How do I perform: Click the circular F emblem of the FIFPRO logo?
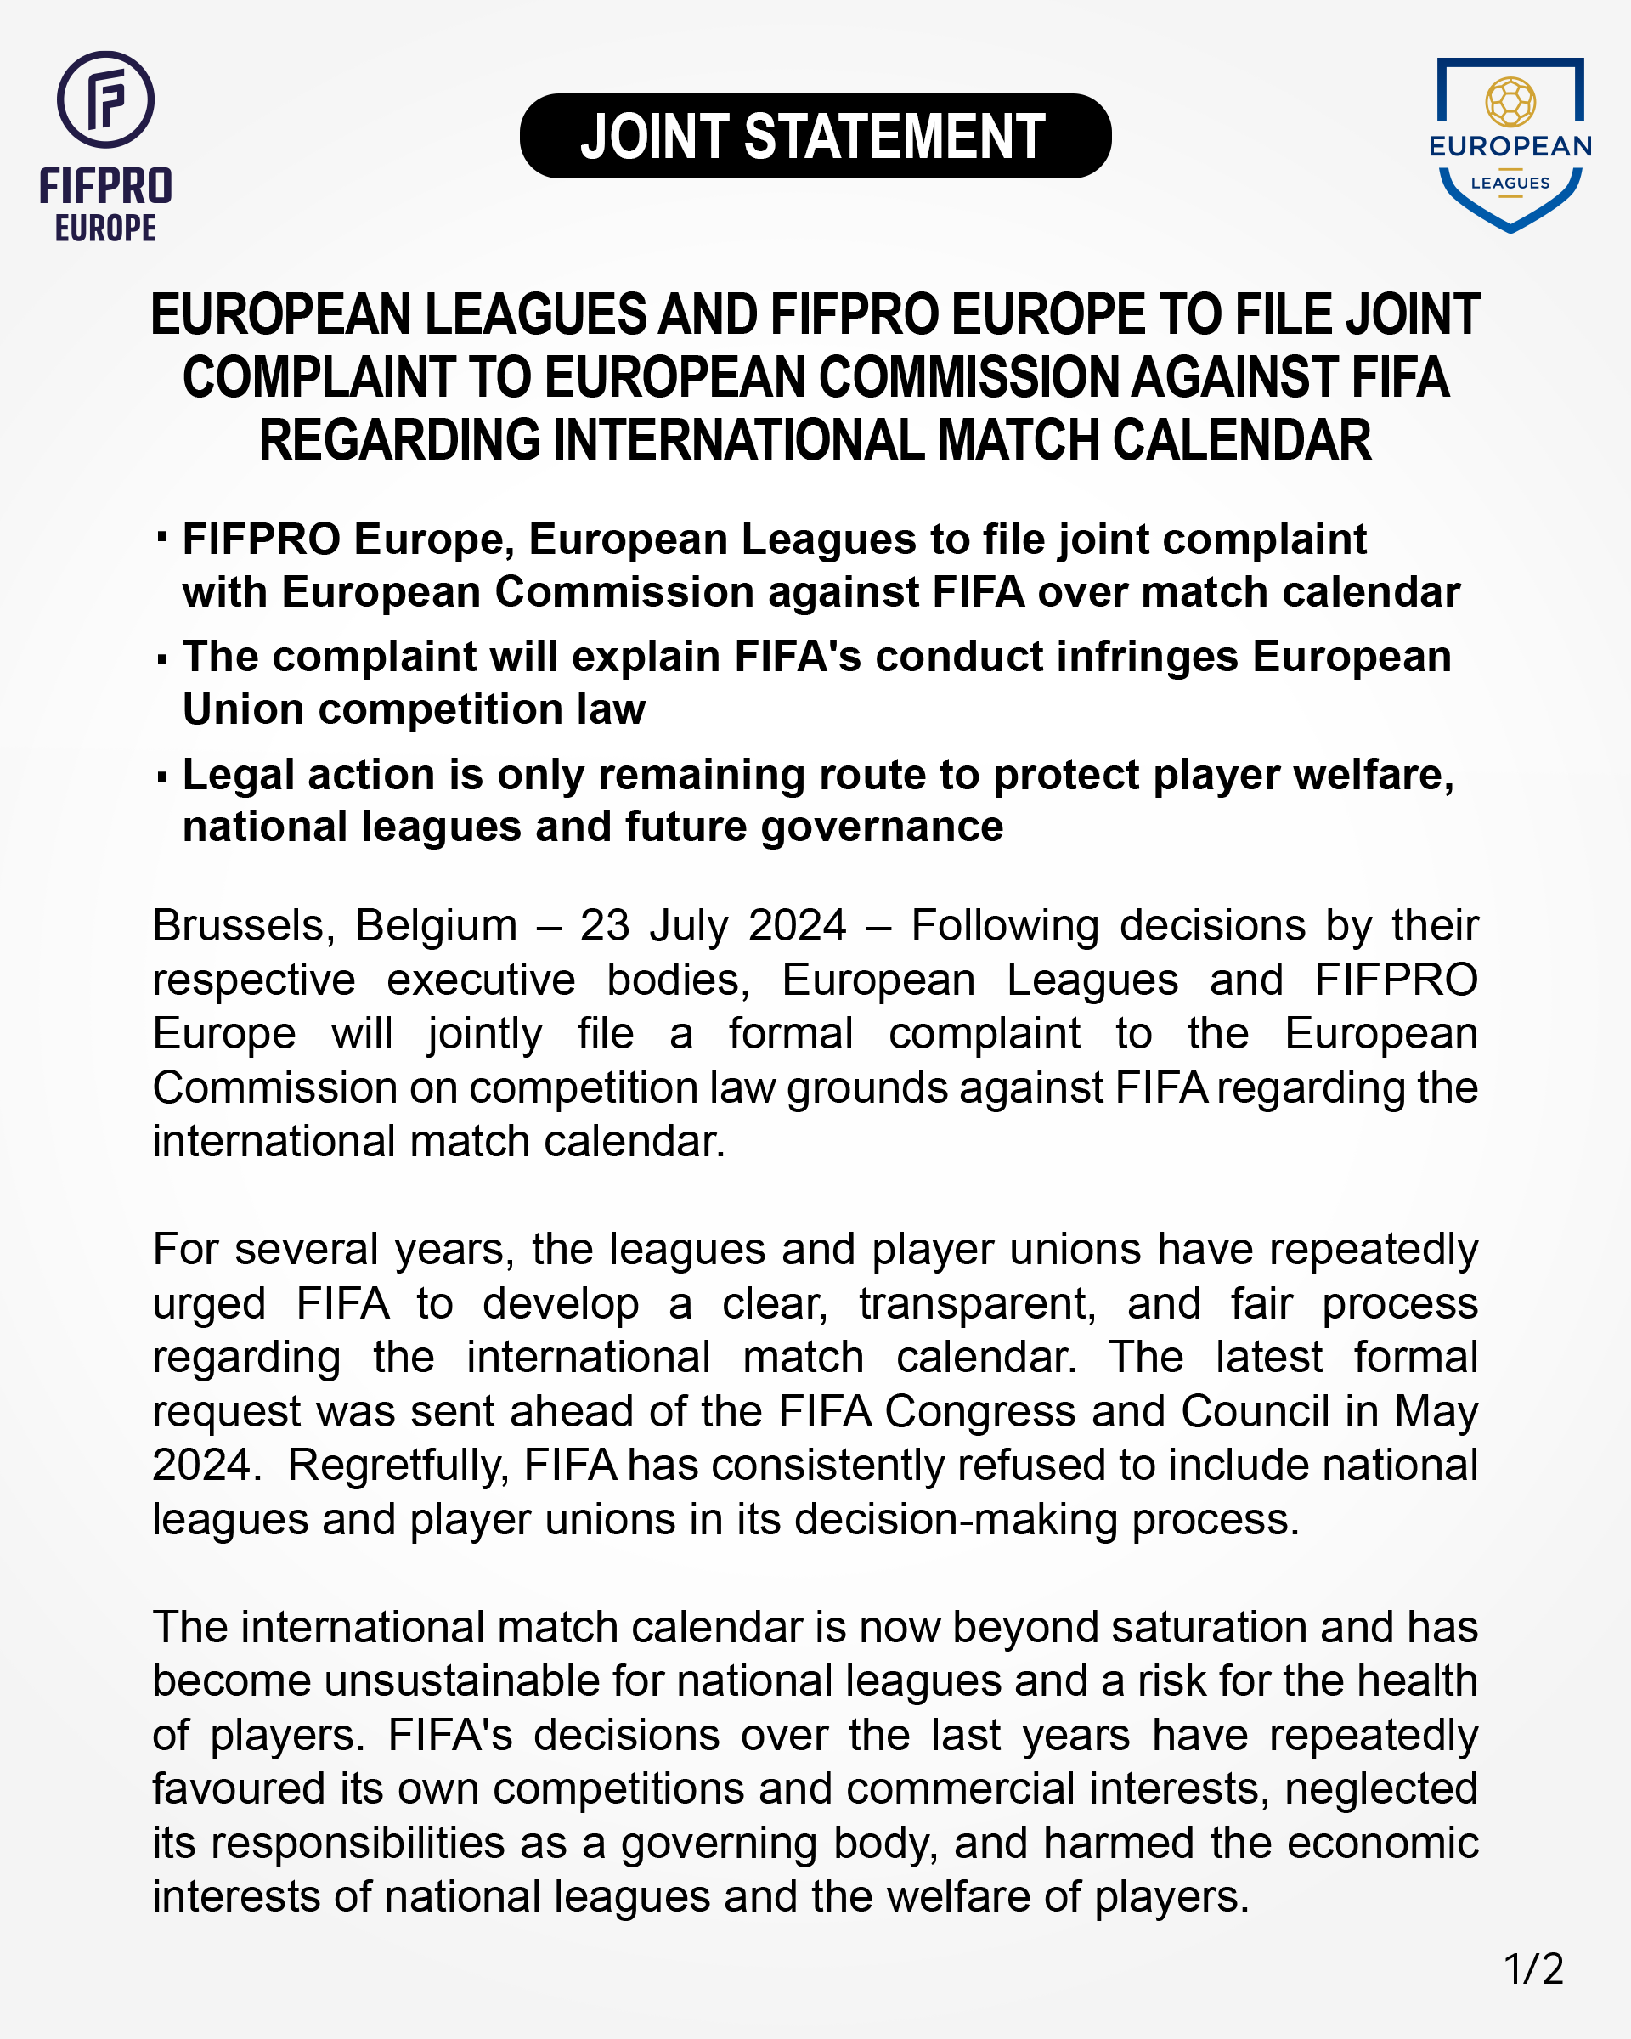[105, 99]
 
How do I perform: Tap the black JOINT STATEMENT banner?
[814, 136]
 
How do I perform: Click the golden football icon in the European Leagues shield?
[1510, 101]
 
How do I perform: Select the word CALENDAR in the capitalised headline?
[1240, 441]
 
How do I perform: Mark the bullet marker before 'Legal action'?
[162, 777]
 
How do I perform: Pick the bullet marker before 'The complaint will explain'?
[162, 659]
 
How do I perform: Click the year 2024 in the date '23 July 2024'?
[796, 926]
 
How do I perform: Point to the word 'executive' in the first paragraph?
[480, 980]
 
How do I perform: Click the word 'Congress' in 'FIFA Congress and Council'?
[979, 1411]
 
